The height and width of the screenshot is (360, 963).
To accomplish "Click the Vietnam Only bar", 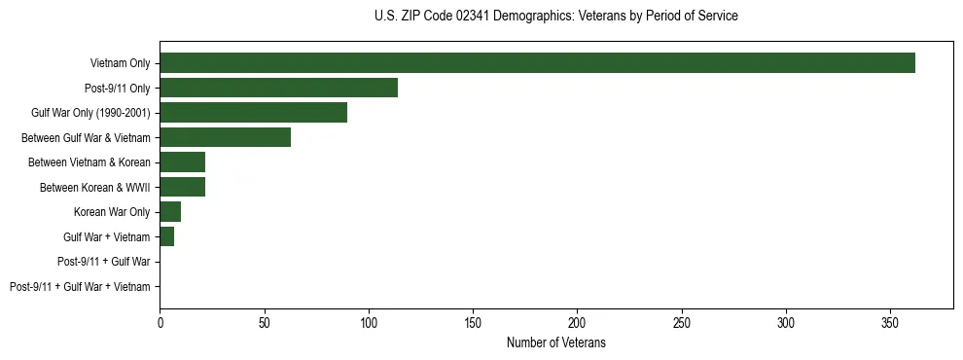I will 537,63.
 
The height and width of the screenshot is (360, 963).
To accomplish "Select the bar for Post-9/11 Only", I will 278,89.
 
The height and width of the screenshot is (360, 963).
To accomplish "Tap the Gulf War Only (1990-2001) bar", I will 253,113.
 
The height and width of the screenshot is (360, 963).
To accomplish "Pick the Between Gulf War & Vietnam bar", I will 225,138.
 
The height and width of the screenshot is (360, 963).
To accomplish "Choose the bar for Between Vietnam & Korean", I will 182,162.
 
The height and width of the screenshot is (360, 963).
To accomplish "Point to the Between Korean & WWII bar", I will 182,188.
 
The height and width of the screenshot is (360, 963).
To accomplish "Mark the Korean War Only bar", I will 170,212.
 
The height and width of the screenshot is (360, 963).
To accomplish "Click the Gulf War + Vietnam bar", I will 166,237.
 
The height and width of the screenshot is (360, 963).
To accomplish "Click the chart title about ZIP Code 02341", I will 555,17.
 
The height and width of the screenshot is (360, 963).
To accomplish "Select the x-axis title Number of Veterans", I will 555,342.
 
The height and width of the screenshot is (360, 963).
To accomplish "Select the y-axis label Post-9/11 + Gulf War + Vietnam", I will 80,287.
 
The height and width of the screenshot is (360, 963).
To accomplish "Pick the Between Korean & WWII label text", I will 95,188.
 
